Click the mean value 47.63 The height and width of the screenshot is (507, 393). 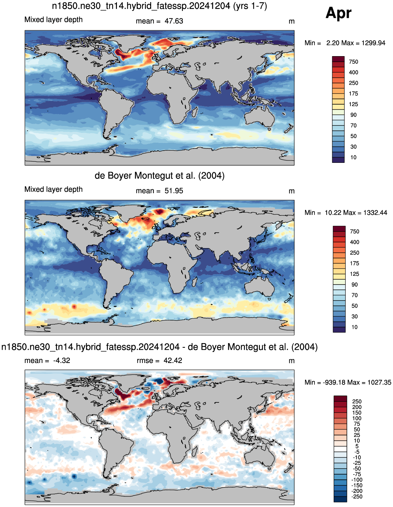174,21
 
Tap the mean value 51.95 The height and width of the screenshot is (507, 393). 174,191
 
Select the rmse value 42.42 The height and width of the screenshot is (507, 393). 173,361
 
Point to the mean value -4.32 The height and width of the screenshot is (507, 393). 62,361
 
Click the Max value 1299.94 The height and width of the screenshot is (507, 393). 373,43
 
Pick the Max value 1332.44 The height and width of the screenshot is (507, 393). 375,213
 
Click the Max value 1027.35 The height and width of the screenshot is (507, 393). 379,383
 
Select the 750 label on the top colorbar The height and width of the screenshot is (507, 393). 353,62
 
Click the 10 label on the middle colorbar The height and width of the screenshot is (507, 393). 355,327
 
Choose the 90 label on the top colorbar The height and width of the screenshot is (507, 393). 353,115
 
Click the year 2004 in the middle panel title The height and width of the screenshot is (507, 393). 211,176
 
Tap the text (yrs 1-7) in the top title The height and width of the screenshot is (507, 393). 250,6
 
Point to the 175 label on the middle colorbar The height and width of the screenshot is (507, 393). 354,263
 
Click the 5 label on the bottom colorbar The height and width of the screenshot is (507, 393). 357,446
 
